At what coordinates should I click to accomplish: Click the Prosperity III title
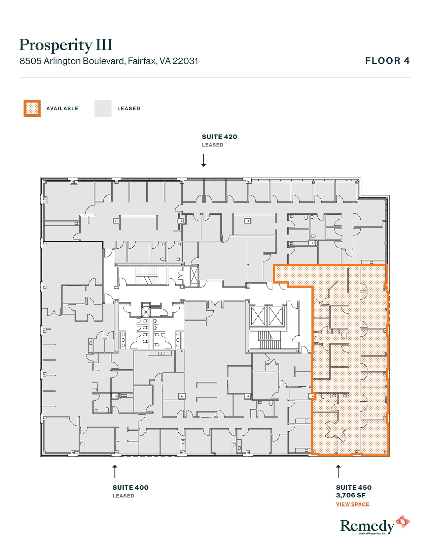tap(66, 45)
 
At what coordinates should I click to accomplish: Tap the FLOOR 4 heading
tap(387, 61)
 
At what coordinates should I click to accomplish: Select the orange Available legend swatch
tap(32, 109)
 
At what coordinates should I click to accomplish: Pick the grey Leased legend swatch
tap(103, 109)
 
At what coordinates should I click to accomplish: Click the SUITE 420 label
tap(219, 137)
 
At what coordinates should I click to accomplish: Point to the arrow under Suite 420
tap(204, 160)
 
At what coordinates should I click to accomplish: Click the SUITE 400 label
tap(131, 488)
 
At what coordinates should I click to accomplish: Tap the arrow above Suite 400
tap(115, 471)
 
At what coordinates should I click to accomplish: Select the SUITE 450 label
tap(354, 488)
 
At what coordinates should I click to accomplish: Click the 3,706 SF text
tap(351, 495)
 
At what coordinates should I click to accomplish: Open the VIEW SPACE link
tap(352, 504)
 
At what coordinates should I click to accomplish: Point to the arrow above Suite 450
tap(338, 471)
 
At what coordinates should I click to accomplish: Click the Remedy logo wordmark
tap(367, 526)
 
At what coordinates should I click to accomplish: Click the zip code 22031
tap(185, 61)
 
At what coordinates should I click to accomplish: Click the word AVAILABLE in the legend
tap(62, 109)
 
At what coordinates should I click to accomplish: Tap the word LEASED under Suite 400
tap(123, 496)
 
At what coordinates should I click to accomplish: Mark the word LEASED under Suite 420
tap(212, 145)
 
